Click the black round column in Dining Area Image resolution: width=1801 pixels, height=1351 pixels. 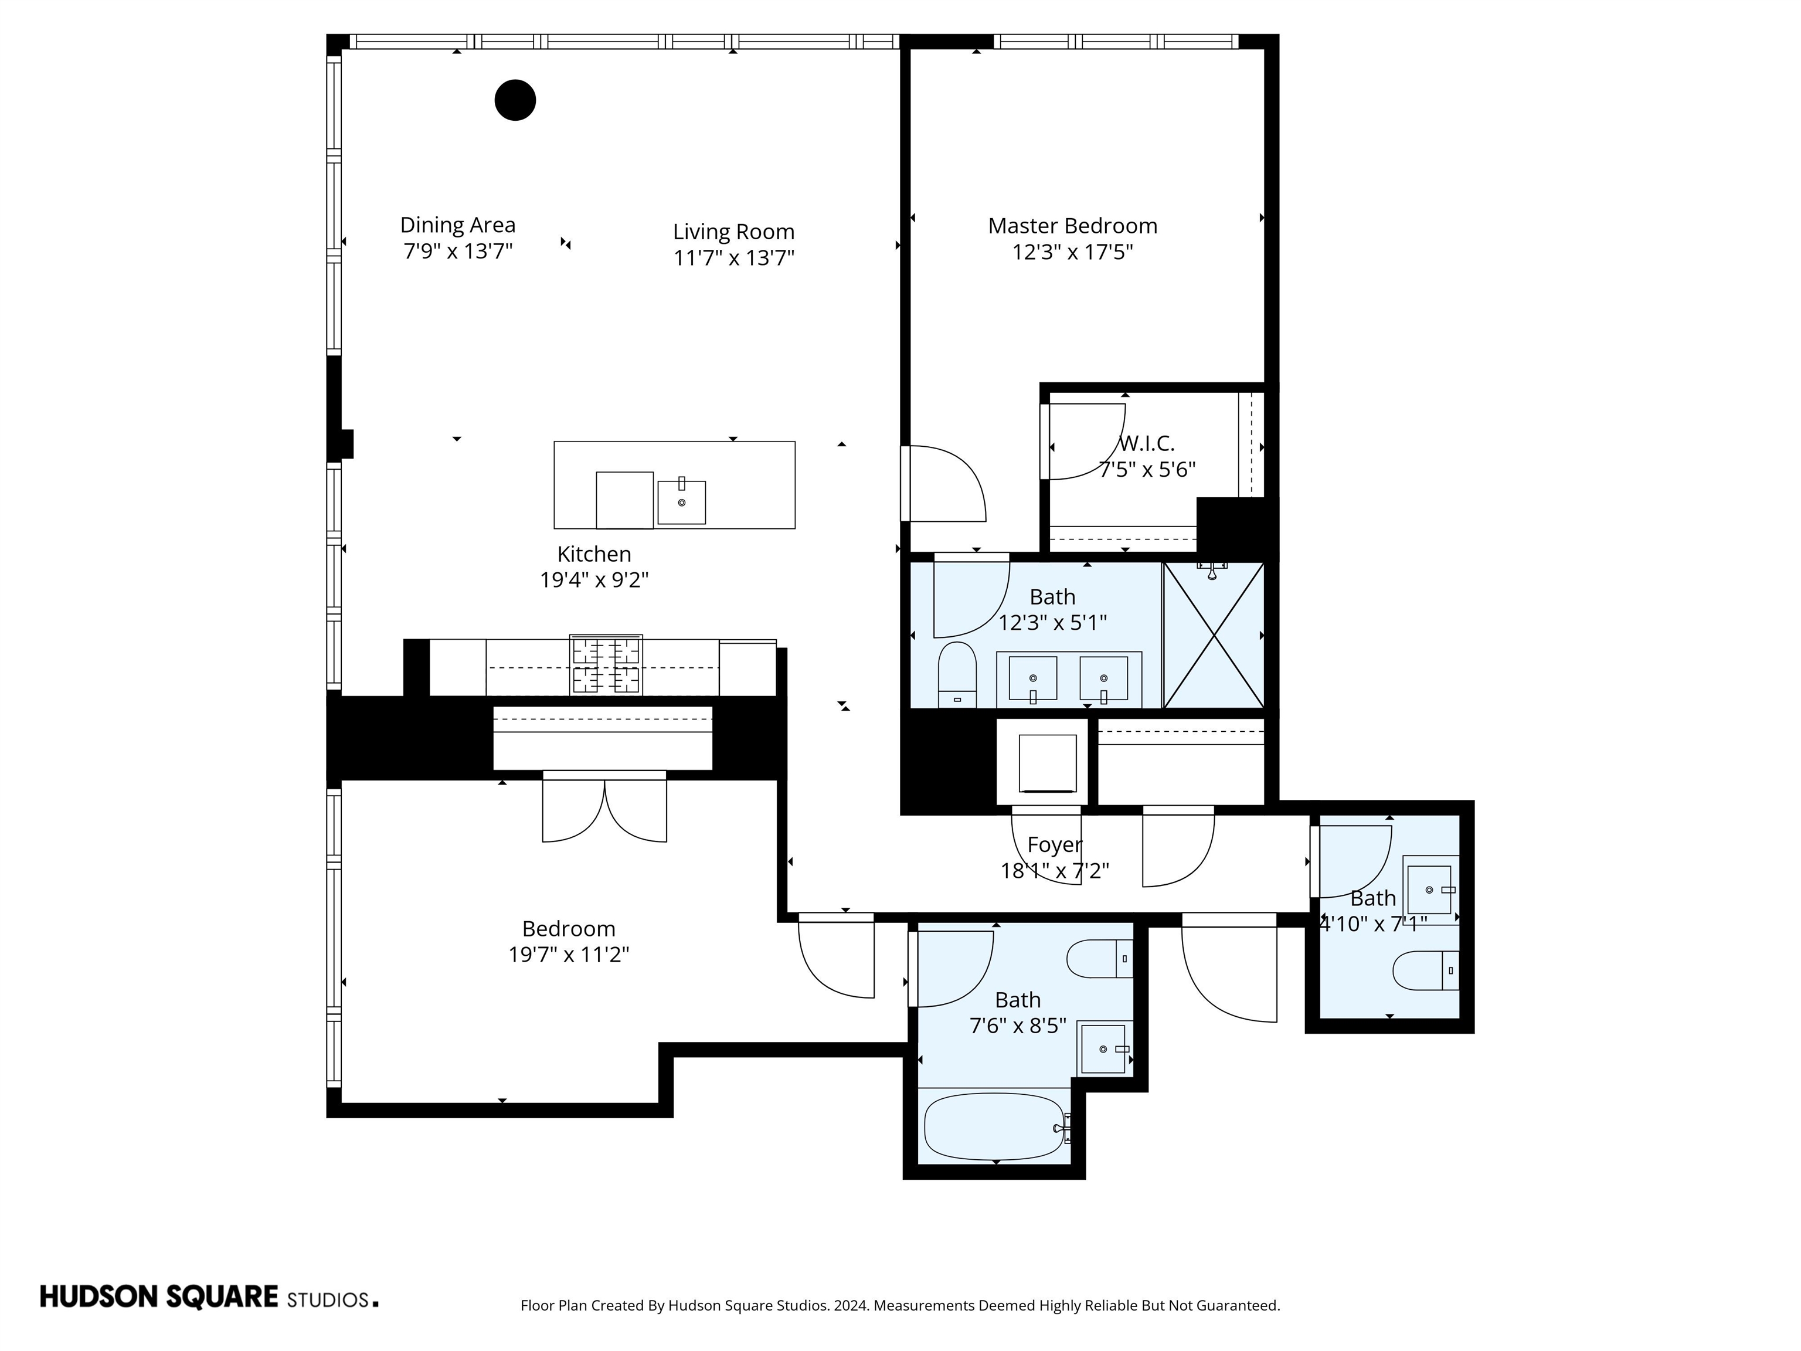tap(515, 100)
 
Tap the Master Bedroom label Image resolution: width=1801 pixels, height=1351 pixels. tap(1072, 226)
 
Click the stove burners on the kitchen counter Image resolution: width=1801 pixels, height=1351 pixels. tap(606, 666)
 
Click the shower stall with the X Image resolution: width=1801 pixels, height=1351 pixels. tap(1213, 635)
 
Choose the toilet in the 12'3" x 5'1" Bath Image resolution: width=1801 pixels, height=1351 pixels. tap(957, 674)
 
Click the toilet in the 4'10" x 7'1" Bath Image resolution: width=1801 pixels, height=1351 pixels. tap(1425, 970)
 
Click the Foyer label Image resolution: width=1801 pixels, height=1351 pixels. tap(1054, 844)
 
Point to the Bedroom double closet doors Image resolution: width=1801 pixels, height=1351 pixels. tap(604, 810)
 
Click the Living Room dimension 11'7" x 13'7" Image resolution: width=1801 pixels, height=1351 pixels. tap(733, 257)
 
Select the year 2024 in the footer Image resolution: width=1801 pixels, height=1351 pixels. tap(851, 1305)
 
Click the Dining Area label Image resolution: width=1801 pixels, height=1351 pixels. tap(457, 225)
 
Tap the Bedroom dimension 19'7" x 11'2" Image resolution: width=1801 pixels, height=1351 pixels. tap(568, 955)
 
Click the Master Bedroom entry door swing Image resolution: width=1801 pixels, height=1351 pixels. tap(944, 484)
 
